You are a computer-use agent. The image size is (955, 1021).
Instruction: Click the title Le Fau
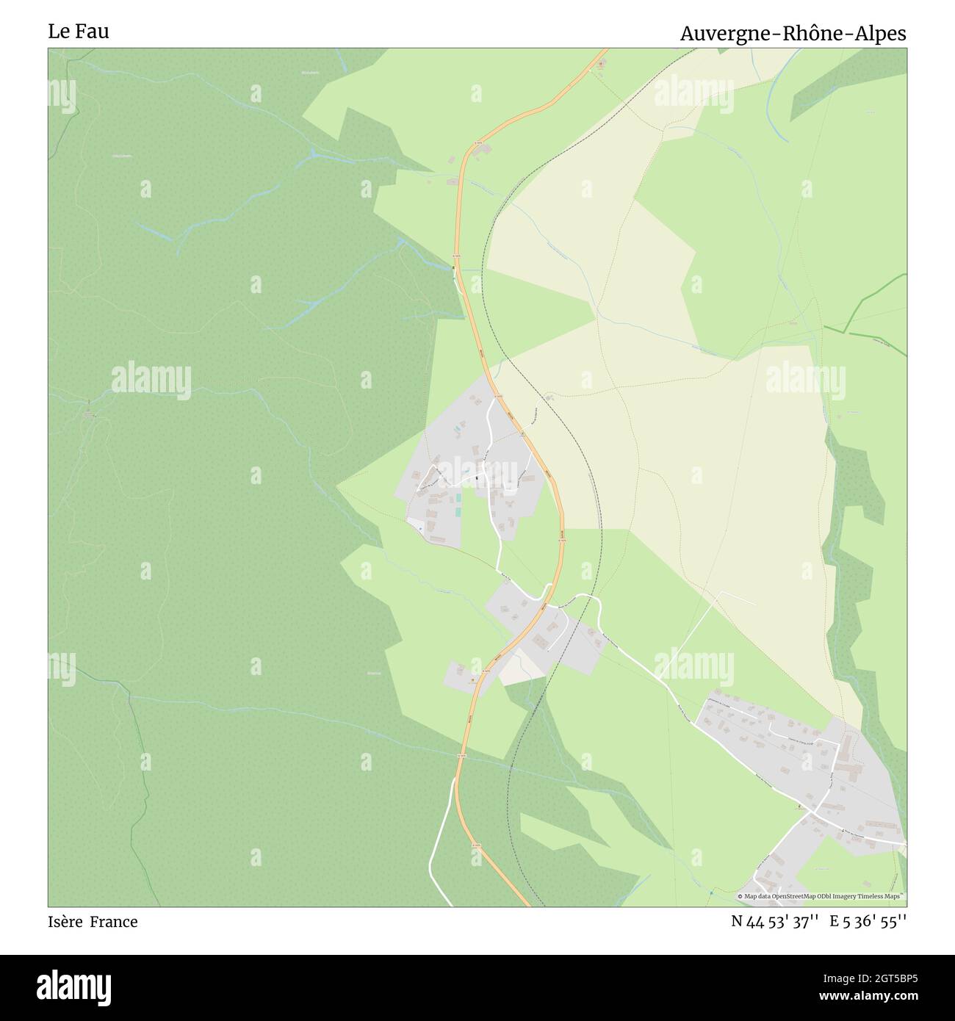click(79, 32)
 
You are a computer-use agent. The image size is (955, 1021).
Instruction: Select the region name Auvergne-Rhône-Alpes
click(793, 34)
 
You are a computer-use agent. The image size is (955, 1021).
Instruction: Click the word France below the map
click(114, 922)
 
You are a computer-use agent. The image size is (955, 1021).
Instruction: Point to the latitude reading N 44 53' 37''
click(776, 922)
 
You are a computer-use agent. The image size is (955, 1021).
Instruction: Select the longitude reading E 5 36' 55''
click(868, 922)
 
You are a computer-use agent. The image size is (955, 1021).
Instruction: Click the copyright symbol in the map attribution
click(740, 896)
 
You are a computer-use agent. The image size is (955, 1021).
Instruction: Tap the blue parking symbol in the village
click(420, 527)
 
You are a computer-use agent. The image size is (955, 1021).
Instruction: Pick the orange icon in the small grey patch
click(472, 680)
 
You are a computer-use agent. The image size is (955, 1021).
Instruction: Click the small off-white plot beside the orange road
click(520, 665)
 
